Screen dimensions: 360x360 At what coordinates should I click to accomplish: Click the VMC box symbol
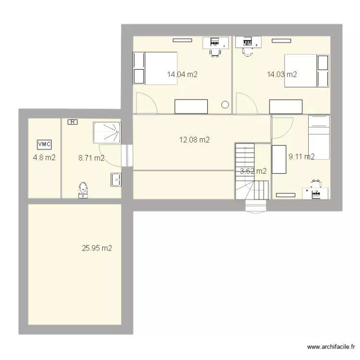coord(44,144)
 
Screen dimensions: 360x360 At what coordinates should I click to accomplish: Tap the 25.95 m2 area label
coord(97,248)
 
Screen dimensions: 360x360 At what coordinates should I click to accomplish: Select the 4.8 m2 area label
coord(44,158)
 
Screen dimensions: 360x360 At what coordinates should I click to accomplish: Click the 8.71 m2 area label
coord(91,158)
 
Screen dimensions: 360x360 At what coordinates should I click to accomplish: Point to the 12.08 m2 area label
coord(194,140)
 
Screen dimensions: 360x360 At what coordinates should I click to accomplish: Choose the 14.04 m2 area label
coord(182,74)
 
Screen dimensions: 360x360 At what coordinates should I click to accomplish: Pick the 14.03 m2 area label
coord(282,74)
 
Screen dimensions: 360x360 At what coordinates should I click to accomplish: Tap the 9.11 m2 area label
coord(301,156)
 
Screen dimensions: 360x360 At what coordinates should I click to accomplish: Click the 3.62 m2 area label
coord(253,171)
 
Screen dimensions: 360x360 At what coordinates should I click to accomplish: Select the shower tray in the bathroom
coord(107,132)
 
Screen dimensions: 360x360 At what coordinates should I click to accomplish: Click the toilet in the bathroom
coord(83,190)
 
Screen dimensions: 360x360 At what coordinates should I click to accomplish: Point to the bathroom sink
coord(116,180)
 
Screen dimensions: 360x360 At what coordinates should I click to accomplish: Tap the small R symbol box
coord(72,122)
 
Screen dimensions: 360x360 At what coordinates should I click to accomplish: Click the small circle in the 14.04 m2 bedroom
coord(225,105)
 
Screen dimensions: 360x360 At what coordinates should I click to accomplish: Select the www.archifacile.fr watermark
coord(331,347)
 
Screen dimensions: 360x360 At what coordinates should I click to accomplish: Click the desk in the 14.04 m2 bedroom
coord(216,43)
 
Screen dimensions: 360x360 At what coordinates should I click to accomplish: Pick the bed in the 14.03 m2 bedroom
coord(307,71)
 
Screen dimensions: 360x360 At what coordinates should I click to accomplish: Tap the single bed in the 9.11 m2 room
coord(319,137)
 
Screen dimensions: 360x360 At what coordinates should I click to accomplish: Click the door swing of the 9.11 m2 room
coord(282,128)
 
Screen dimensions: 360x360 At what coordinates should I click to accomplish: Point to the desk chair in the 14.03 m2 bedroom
coord(248,52)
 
